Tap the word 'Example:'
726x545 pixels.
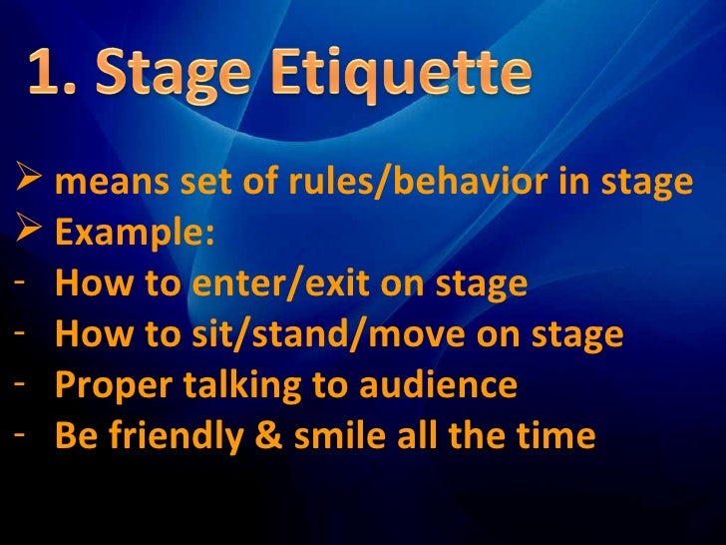tap(135, 234)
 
